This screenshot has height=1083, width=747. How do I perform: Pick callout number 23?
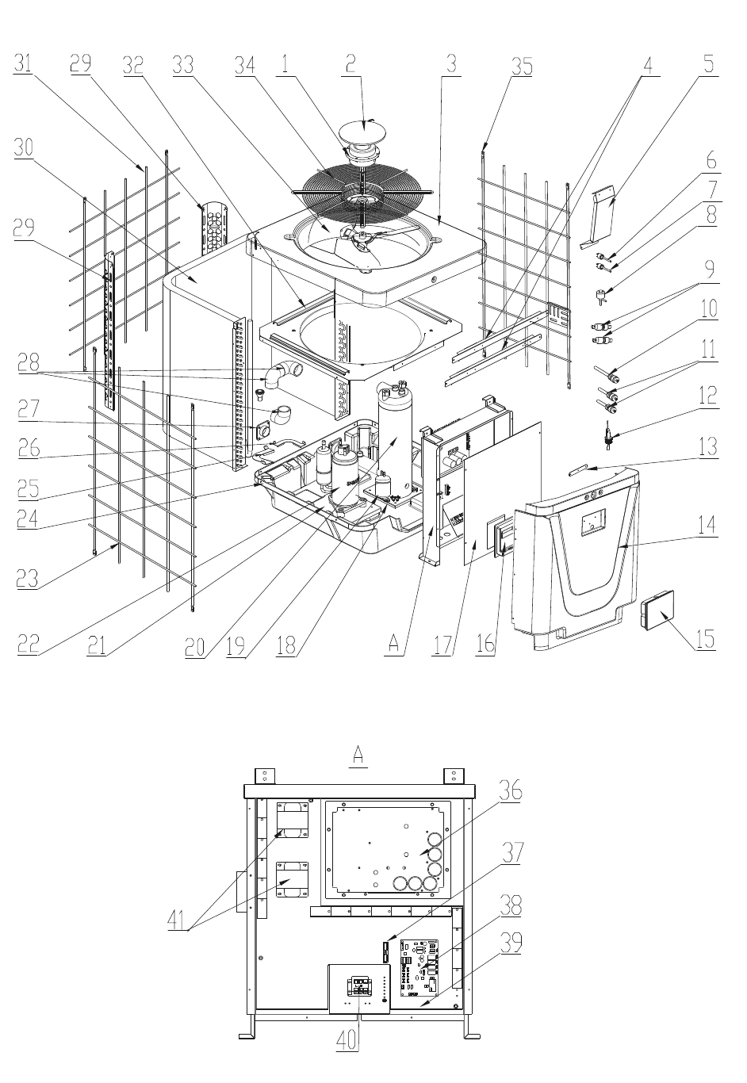click(27, 578)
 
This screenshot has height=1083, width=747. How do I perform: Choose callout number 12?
click(708, 396)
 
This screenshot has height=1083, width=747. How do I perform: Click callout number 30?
click(23, 147)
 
